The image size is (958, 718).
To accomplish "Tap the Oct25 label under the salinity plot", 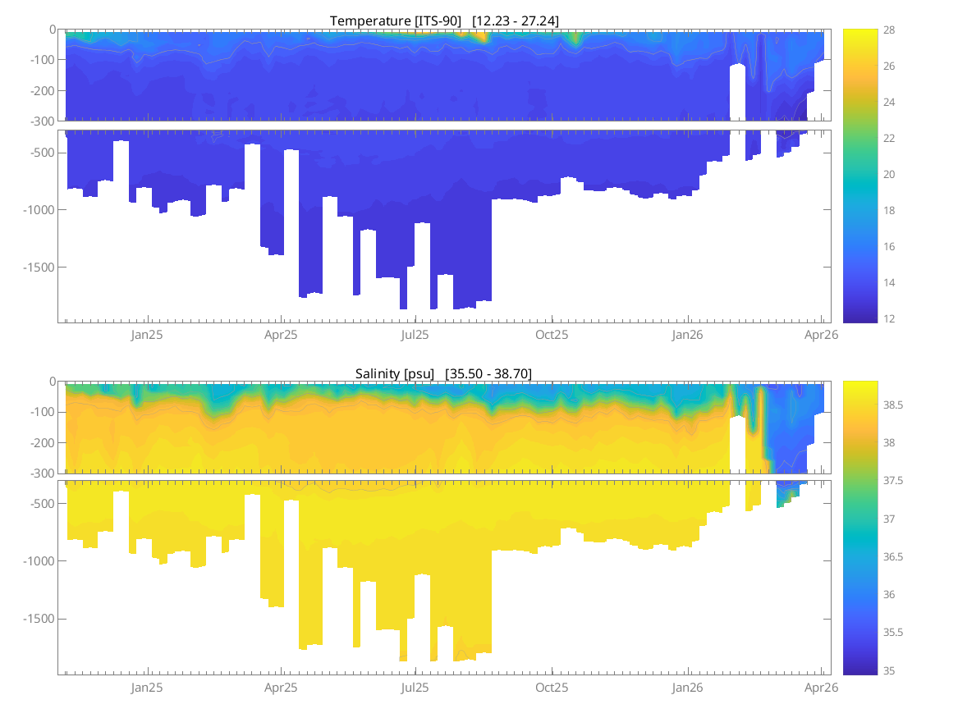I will [x=552, y=688].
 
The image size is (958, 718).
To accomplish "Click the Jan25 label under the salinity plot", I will [x=147, y=688].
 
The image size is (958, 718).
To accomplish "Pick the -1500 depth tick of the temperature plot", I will [x=40, y=268].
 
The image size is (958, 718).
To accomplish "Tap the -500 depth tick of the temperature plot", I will [x=44, y=153].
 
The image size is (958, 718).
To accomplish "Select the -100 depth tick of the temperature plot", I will [x=44, y=60].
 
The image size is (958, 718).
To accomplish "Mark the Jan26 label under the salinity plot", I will [x=688, y=688].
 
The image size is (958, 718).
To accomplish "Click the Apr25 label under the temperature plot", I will [x=281, y=335].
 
